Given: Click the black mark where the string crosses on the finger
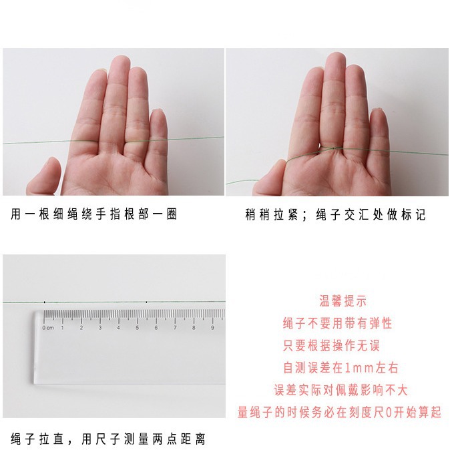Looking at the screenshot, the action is (x=333, y=148).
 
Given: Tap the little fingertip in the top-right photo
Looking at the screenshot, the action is (x=379, y=112).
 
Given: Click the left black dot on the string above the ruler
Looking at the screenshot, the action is (x=45, y=302).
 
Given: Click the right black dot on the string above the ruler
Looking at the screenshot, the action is (x=146, y=302).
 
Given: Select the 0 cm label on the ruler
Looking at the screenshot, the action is (x=48, y=328).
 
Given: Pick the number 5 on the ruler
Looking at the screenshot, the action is (x=137, y=328).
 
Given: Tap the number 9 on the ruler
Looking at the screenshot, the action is (x=212, y=328).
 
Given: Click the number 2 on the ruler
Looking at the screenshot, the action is (x=81, y=328).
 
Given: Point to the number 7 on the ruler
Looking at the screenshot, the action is (x=175, y=328).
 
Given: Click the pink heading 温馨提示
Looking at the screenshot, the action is (x=343, y=301).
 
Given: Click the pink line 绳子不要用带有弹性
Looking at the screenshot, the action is (x=338, y=323).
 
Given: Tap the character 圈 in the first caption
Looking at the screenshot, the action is (x=172, y=214).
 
